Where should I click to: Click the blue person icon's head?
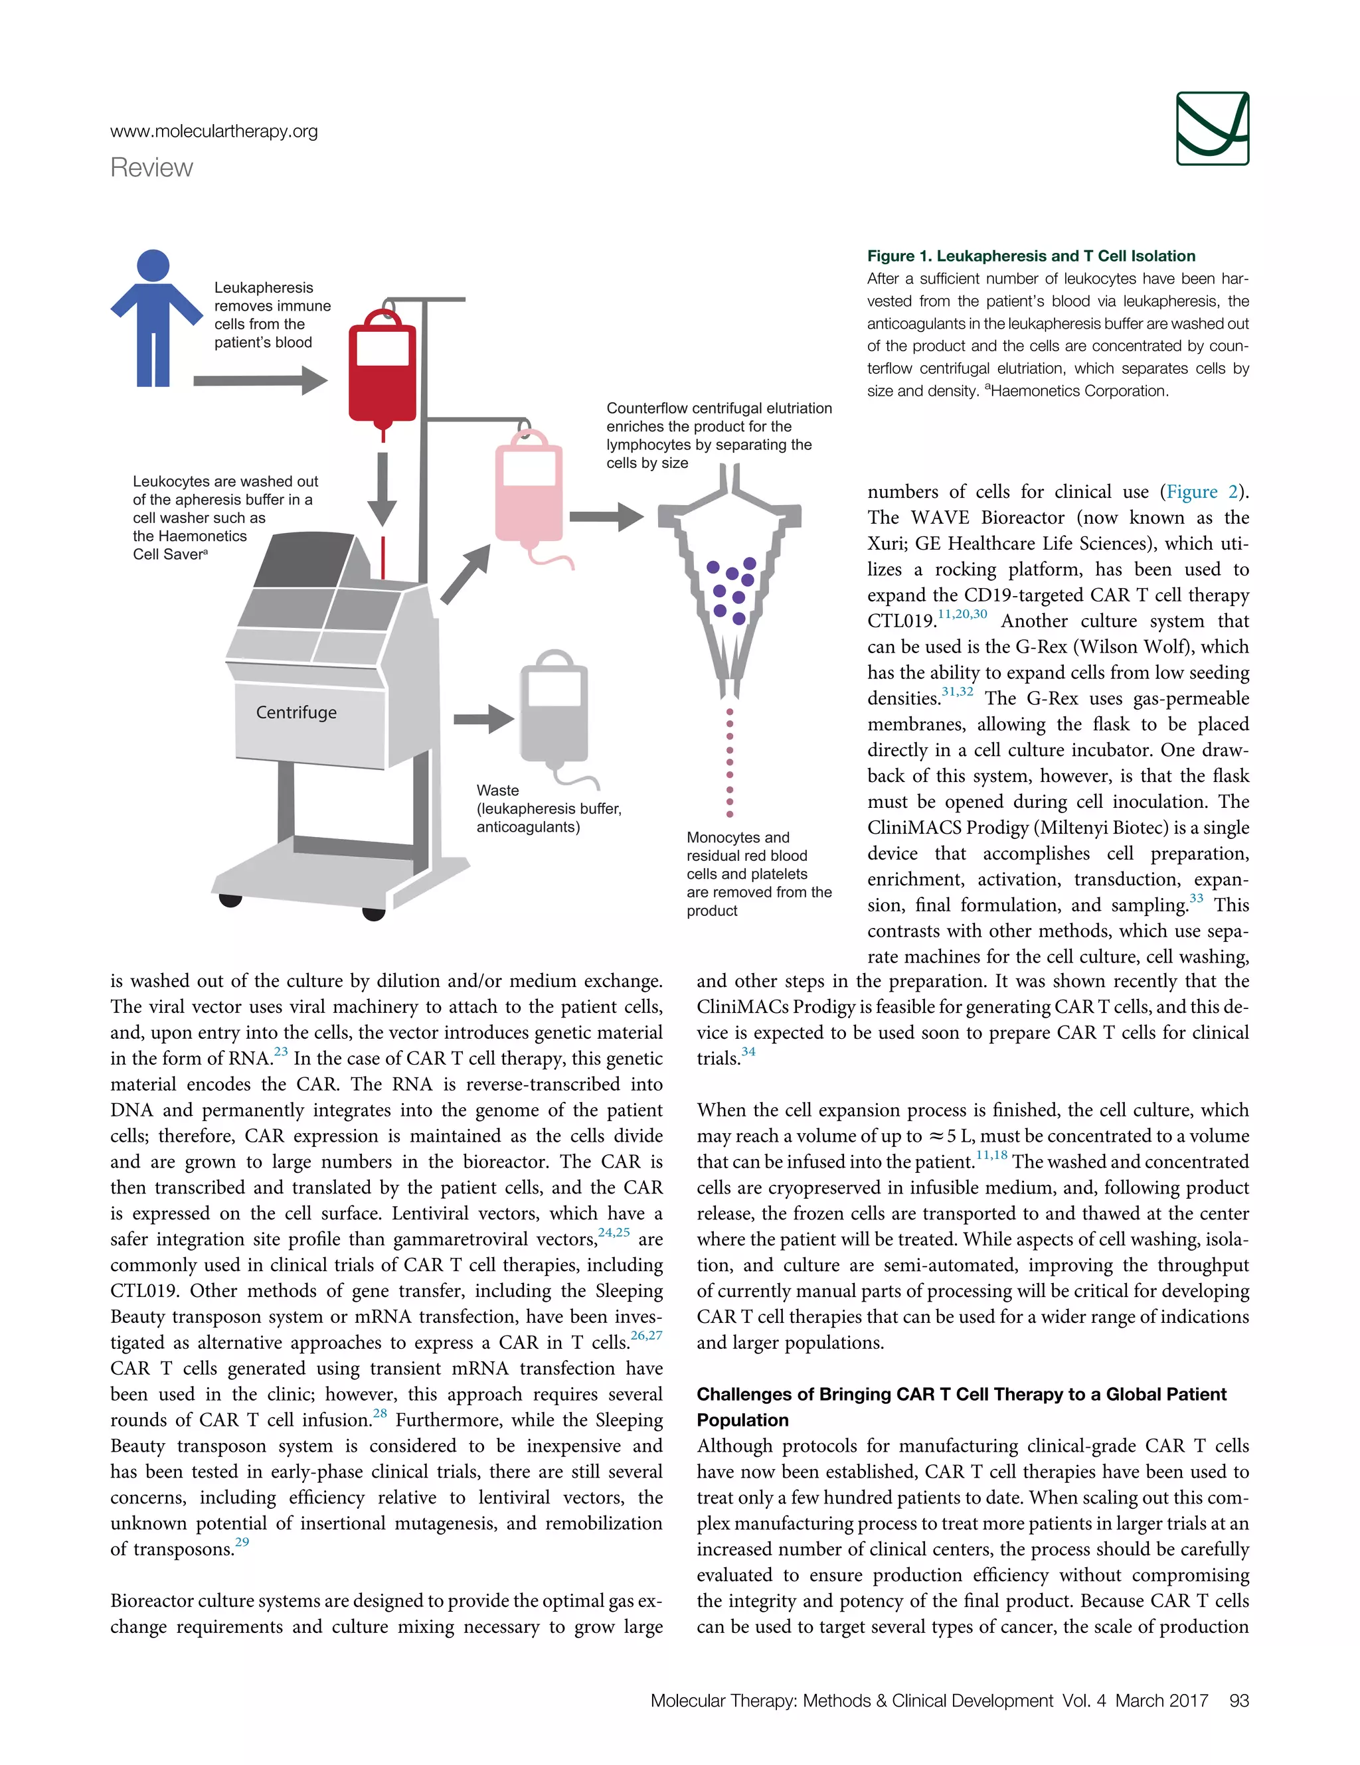coord(153,265)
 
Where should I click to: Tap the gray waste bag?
coord(553,711)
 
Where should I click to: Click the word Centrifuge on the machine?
coord(296,712)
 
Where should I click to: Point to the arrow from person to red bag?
coord(260,380)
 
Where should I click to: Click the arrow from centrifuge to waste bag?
coord(483,718)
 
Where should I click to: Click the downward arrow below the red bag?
coord(382,489)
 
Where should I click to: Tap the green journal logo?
coord(1212,129)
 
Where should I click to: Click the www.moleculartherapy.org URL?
coord(214,131)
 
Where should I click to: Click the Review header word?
coord(152,167)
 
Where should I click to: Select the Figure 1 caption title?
coord(1031,256)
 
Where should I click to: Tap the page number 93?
coord(1238,1701)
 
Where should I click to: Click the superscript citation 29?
coord(242,1542)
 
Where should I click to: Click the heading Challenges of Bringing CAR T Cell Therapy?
coord(961,1394)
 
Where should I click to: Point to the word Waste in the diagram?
coord(497,791)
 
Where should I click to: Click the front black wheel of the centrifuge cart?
coord(374,913)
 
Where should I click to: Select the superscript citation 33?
coord(1196,899)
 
